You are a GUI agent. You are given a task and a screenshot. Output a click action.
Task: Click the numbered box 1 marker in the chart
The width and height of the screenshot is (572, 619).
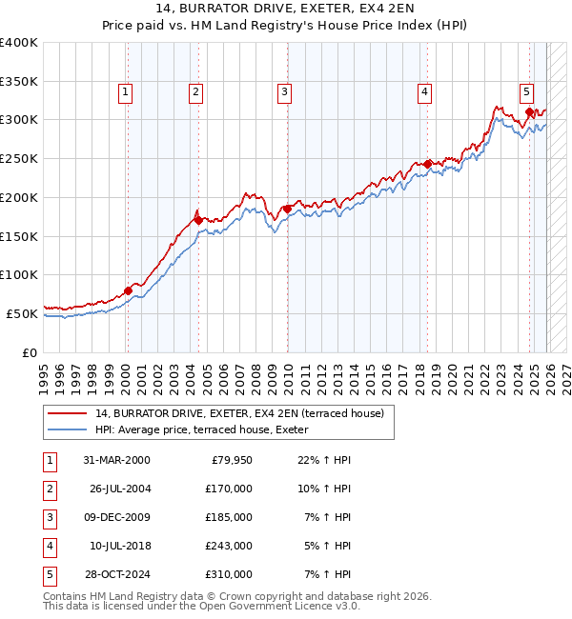pos(126,92)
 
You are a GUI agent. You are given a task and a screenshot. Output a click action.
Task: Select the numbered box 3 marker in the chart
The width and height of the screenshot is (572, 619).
pos(284,92)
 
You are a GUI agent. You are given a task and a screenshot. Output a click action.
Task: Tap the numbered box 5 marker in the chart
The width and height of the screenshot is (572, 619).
pos(526,92)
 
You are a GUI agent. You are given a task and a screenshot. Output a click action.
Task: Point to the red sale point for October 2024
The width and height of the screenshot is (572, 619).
pos(529,112)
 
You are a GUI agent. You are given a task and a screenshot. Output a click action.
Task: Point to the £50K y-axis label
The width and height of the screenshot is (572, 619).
pos(23,313)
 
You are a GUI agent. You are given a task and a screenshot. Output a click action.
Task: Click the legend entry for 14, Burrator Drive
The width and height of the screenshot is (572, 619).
pos(238,413)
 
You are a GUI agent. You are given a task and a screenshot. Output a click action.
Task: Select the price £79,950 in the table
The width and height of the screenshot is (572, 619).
pos(230,460)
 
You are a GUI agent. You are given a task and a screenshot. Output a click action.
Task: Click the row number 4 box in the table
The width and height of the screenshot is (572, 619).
pos(48,546)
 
